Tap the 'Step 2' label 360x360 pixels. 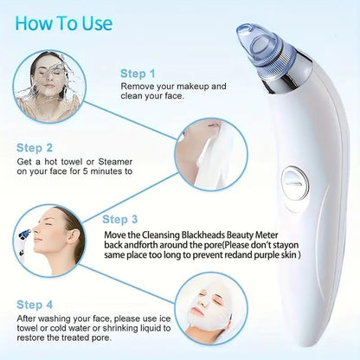pyautogui.click(x=35, y=148)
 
